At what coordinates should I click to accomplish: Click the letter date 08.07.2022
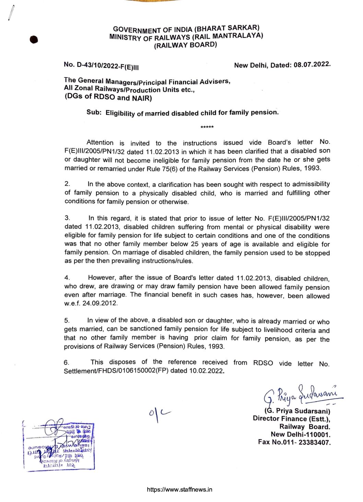click(x=312, y=65)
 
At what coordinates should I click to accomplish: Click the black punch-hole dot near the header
click(x=34, y=40)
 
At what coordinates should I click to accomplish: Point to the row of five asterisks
click(x=207, y=127)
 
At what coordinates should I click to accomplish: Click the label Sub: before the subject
click(x=94, y=112)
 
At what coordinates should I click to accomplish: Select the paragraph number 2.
click(x=67, y=184)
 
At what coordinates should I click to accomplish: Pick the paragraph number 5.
click(x=67, y=320)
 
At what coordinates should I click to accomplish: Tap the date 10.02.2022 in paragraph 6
click(x=206, y=371)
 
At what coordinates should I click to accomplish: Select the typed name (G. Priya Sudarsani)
click(x=297, y=411)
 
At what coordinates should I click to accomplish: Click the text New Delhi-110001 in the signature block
click(x=301, y=434)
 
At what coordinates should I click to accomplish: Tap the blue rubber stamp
click(x=59, y=446)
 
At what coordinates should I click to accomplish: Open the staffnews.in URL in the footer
click(x=179, y=490)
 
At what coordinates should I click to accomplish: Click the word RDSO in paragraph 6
click(x=263, y=363)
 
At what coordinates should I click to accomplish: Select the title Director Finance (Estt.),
click(x=291, y=419)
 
